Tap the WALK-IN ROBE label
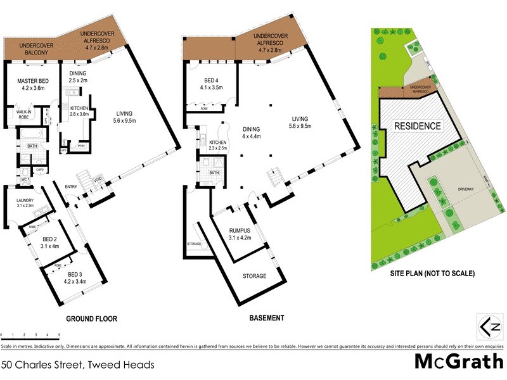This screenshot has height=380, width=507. [x=24, y=114]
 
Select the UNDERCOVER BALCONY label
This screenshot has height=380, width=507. [x=35, y=49]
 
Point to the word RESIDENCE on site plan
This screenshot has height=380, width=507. [x=418, y=126]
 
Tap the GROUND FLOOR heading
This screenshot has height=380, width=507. [x=93, y=318]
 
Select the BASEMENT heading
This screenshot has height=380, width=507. [x=266, y=318]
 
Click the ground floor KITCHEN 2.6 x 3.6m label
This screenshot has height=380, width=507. [x=82, y=110]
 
